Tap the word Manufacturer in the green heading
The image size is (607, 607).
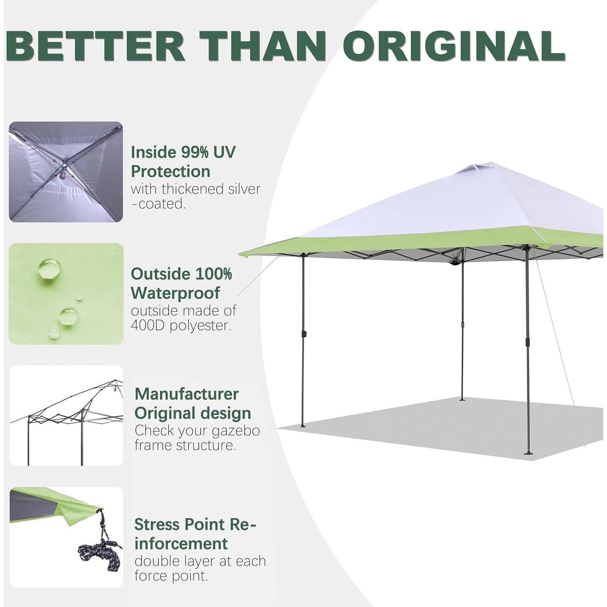187,394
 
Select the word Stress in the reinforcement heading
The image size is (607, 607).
157,524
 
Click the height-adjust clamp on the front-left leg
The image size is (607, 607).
304,334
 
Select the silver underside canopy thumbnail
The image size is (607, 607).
66,172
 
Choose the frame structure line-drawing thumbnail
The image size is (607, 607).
66,415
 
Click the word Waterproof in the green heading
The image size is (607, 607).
175,293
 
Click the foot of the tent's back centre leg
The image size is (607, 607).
462,399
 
